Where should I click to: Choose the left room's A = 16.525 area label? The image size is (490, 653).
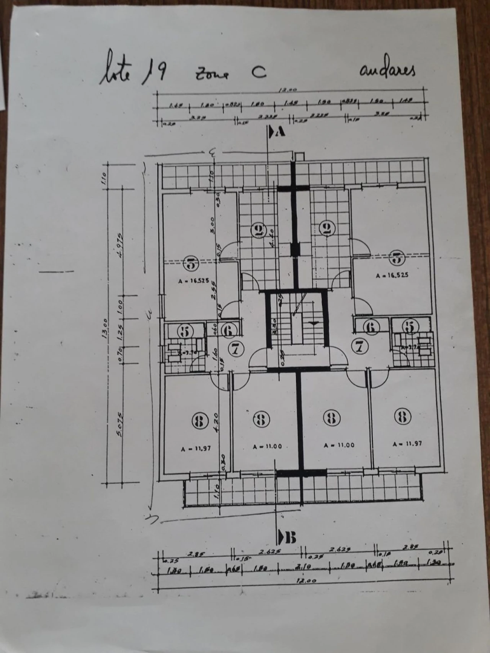[194, 281]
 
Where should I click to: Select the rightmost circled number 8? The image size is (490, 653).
[402, 416]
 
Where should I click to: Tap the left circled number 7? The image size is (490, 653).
[236, 349]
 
